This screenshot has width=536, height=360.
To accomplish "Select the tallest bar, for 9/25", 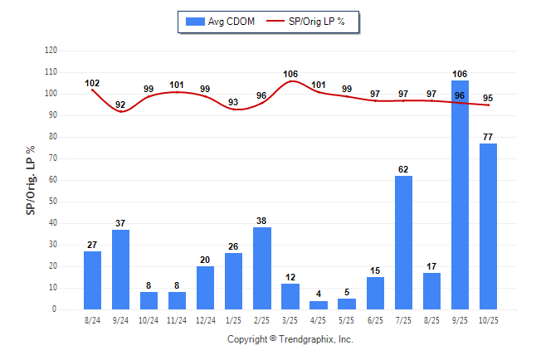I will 460,195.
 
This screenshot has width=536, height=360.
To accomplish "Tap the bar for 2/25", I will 261,268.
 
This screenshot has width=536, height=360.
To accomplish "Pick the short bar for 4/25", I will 319,304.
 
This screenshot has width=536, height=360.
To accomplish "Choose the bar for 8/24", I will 92,280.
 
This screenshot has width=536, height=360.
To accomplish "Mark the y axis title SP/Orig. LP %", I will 31,179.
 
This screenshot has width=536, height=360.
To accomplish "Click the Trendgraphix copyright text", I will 290,339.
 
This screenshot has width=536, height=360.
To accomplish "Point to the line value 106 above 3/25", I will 290,74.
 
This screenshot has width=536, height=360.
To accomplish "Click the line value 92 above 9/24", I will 120,105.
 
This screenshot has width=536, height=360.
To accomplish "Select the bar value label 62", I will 403,169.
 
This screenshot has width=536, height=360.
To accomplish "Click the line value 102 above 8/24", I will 92,83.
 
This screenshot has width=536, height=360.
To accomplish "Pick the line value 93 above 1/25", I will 233,102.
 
